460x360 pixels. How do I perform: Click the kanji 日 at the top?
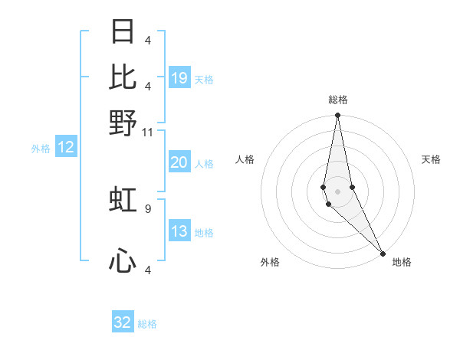point(123,32)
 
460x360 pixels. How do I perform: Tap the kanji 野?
point(123,123)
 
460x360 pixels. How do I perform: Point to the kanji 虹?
point(123,200)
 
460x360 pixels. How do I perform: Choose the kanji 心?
point(123,262)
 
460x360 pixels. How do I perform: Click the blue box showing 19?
point(179,77)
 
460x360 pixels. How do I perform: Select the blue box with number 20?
point(179,162)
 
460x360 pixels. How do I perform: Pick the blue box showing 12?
point(65,147)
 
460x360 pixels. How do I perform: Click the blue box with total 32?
point(123,322)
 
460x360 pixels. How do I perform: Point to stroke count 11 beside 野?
point(148,132)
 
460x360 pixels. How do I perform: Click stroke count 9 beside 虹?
point(148,208)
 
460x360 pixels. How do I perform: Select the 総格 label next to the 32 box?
point(147,324)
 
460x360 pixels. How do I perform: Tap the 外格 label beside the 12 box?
point(41,148)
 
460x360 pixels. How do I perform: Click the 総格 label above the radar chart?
point(337,100)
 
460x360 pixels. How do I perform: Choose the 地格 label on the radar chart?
point(402,262)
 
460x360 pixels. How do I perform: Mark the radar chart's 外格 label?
point(270,262)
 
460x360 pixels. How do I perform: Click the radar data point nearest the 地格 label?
point(383,252)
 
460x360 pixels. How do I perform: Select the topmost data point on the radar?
point(337,116)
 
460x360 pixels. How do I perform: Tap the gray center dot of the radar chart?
point(337,191)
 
